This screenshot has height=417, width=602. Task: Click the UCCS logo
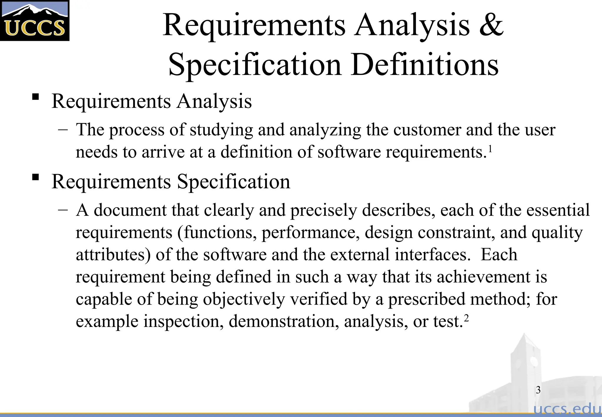[35, 21]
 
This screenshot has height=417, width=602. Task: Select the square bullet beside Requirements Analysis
[36, 97]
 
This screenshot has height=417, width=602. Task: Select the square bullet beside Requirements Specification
[36, 177]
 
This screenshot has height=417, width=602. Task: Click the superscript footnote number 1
[490, 149]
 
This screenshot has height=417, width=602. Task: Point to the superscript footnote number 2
[466, 318]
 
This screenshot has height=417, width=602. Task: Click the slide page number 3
[538, 390]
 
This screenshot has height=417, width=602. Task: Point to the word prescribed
[427, 299]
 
